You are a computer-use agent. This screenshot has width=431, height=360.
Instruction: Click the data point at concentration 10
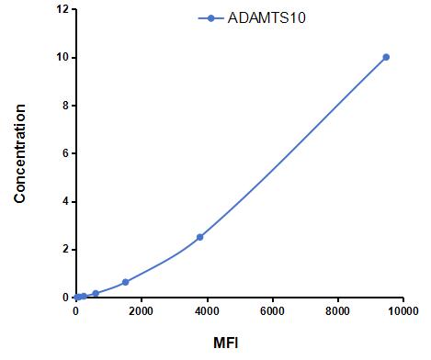click(x=386, y=57)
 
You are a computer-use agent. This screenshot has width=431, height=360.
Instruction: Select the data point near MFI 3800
click(x=200, y=237)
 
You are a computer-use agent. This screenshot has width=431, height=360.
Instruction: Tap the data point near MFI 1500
click(x=125, y=282)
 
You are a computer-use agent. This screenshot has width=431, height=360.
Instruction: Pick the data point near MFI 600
click(x=96, y=293)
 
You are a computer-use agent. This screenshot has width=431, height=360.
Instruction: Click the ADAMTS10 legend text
click(x=267, y=18)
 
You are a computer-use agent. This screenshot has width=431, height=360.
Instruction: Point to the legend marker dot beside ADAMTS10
click(x=210, y=18)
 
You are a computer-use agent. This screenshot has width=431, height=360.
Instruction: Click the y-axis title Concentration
click(x=19, y=153)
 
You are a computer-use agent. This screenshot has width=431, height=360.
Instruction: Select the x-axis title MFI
click(x=226, y=343)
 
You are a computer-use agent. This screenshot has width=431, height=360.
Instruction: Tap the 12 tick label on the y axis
click(x=62, y=9)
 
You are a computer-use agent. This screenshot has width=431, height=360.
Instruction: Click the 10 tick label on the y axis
click(x=62, y=58)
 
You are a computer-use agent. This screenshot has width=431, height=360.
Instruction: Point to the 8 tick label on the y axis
click(x=65, y=106)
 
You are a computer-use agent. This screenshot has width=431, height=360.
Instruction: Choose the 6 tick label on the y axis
click(x=65, y=153)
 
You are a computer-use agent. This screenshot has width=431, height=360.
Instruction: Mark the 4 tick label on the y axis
click(x=65, y=201)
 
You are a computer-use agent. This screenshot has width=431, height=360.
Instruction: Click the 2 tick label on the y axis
click(x=65, y=250)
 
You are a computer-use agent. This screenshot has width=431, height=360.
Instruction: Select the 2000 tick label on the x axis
click(x=142, y=311)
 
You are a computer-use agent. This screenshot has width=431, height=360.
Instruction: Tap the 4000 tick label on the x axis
click(x=207, y=311)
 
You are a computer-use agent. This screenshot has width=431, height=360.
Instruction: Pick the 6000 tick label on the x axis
click(x=272, y=311)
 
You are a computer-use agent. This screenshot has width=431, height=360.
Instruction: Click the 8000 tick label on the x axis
click(x=338, y=311)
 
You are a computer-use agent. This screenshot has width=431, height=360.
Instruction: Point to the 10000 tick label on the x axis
click(x=403, y=311)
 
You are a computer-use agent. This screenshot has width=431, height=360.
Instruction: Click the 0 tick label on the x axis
click(x=75, y=311)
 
